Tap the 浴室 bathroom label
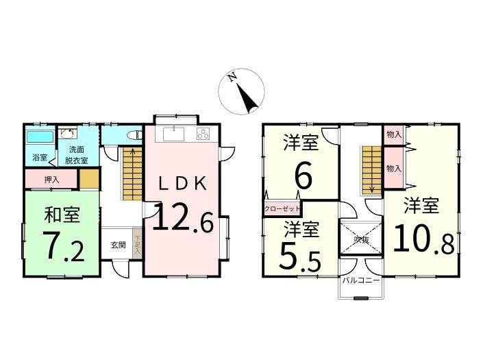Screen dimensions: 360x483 (x=40, y=158)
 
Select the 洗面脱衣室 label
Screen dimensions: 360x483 (x=72, y=155)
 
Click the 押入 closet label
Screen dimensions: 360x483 (x=51, y=180)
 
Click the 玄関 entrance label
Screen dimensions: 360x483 (x=118, y=245)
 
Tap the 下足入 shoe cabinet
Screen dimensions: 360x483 (x=138, y=245)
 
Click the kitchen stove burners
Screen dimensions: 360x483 (x=203, y=134)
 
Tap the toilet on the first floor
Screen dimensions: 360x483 (x=134, y=134)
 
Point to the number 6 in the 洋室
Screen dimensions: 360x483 (x=304, y=176)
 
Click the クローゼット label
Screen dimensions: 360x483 (x=282, y=208)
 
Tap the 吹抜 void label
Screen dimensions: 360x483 (x=362, y=240)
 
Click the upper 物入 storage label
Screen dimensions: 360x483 (x=393, y=134)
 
